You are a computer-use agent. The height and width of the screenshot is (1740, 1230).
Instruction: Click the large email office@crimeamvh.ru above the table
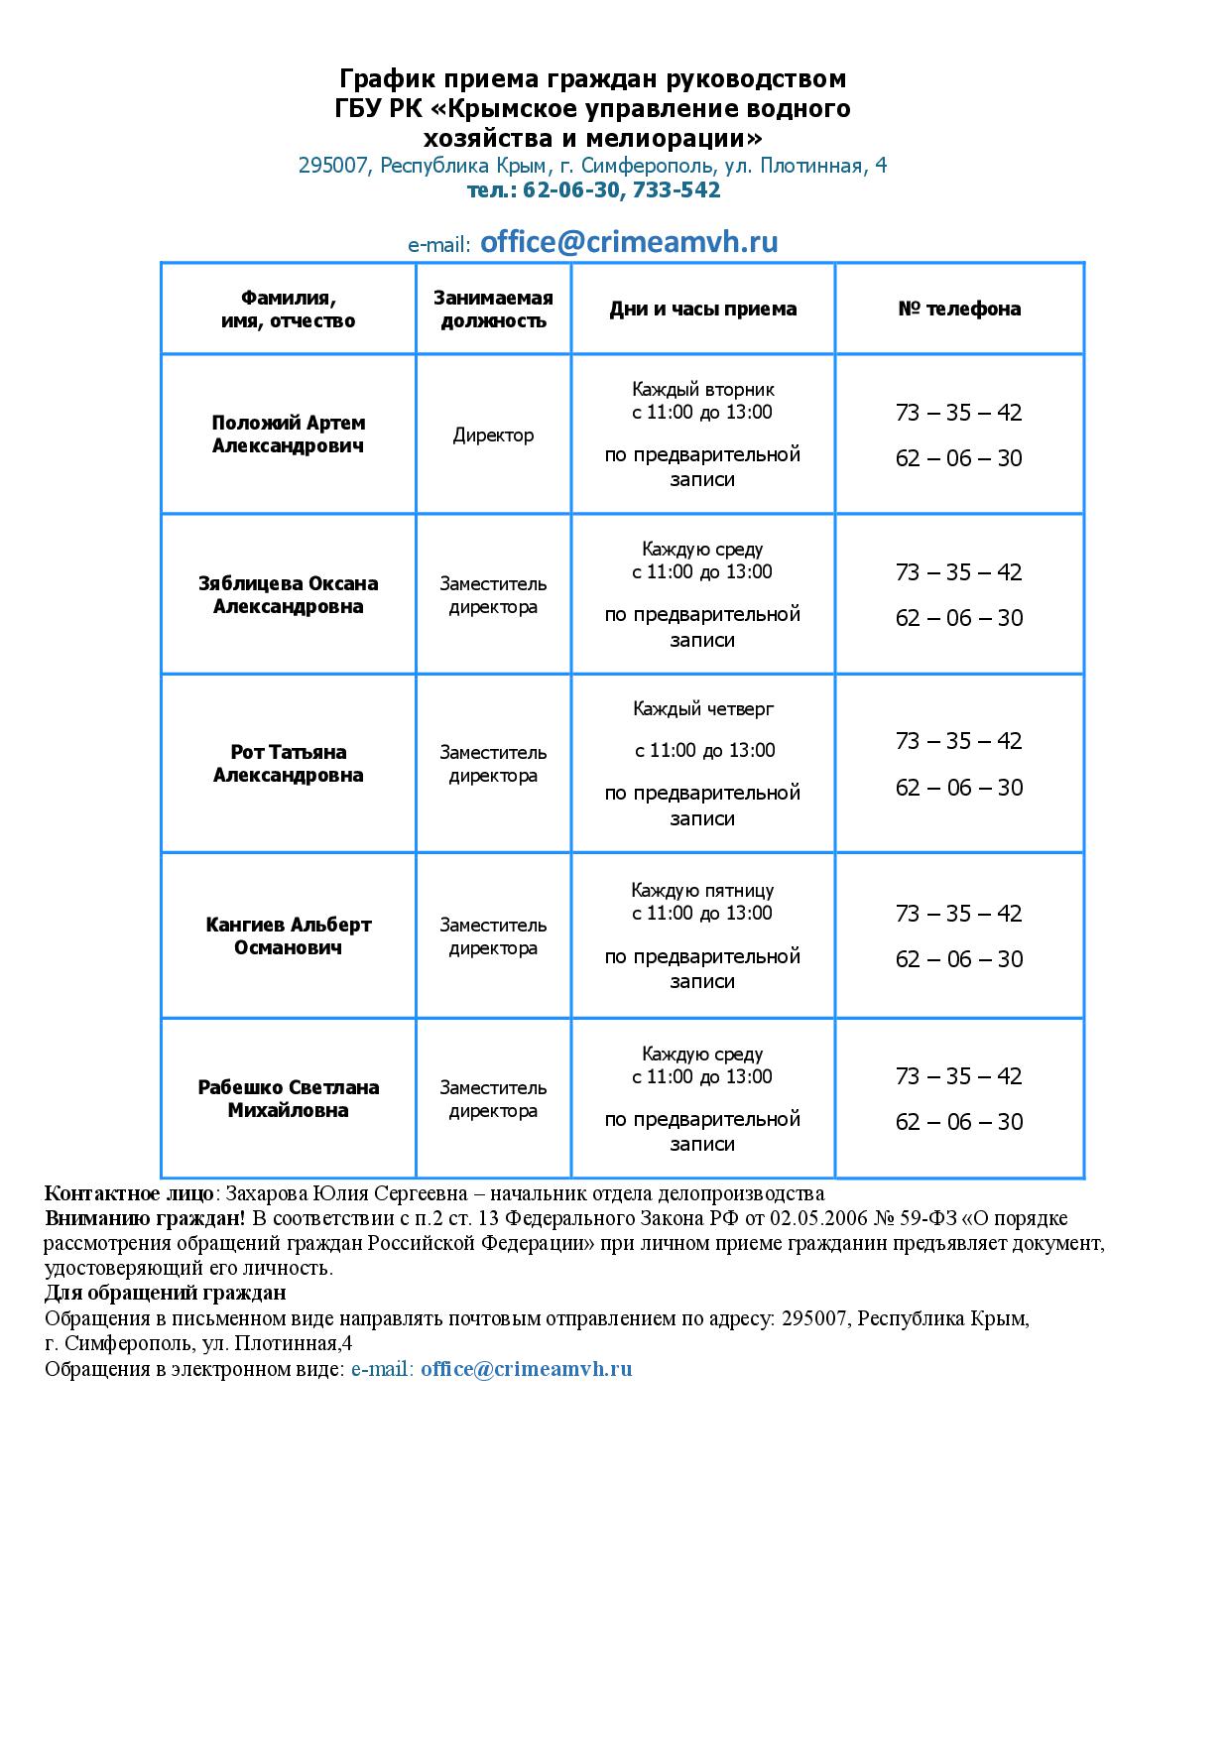pos(629,243)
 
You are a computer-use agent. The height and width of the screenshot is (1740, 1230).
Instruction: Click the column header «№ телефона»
pos(959,309)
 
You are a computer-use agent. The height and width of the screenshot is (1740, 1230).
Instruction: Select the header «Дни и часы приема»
pos(702,309)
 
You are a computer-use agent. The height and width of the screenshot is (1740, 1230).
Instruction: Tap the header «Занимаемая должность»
pos(493,309)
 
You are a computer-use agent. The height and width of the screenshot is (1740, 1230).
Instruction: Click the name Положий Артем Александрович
pos(289,435)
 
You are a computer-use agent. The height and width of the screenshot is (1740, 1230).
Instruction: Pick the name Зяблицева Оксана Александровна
pos(289,594)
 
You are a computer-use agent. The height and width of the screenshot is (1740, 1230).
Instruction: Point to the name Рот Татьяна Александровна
pos(289,763)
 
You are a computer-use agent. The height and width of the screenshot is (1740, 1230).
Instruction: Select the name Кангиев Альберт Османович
pos(289,935)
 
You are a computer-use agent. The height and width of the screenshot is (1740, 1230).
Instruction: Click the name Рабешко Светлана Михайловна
pos(289,1098)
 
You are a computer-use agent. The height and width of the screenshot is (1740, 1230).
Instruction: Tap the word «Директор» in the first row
pos(493,435)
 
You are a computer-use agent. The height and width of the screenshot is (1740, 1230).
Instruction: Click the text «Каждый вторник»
pos(702,390)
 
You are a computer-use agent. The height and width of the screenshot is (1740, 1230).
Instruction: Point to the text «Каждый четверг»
pos(702,708)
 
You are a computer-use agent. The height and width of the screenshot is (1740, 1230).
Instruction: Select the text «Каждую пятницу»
pos(702,890)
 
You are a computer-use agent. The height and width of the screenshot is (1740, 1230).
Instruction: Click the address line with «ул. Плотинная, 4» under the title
pos(593,166)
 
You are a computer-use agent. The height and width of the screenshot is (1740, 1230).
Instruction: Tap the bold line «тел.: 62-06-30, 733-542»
pos(593,189)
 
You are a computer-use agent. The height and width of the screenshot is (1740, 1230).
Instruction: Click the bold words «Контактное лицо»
pos(128,1193)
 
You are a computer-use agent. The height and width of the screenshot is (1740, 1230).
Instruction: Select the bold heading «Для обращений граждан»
pos(166,1293)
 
